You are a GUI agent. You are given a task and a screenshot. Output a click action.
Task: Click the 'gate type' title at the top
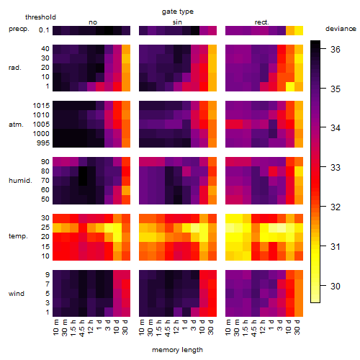tap(178, 12)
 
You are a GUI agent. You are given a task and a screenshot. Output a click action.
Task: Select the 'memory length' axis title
tap(177, 350)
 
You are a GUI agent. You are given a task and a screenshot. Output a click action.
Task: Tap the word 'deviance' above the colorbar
tap(341, 29)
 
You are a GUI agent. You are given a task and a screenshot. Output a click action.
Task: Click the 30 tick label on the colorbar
tap(336, 286)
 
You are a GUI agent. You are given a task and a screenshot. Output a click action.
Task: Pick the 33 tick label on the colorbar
tap(336, 167)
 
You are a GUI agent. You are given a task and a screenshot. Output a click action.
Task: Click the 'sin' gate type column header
tap(177, 22)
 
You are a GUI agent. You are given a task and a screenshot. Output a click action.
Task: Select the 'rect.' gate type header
tap(262, 22)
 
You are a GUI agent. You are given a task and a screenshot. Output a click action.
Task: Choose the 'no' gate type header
tap(93, 22)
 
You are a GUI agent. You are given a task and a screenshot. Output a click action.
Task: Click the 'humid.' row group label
tap(20, 181)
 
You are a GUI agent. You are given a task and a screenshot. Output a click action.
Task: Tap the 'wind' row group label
tap(17, 294)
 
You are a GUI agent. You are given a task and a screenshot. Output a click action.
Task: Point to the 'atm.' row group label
tap(16, 125)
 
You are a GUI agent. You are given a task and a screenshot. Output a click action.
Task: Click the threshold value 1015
tap(41, 106)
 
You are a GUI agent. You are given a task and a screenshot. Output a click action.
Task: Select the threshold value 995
tap(43, 143)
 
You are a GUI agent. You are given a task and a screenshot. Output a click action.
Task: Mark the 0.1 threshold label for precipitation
tap(44, 30)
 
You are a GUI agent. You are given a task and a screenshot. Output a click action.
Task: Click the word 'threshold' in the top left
tap(40, 17)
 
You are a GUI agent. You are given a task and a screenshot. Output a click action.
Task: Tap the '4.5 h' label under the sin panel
tap(168, 328)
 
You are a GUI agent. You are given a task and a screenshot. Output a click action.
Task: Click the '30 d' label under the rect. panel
tap(297, 328)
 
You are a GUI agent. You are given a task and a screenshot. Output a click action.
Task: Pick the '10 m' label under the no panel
tap(55, 328)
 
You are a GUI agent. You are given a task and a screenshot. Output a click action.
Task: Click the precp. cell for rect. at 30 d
tap(299, 31)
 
